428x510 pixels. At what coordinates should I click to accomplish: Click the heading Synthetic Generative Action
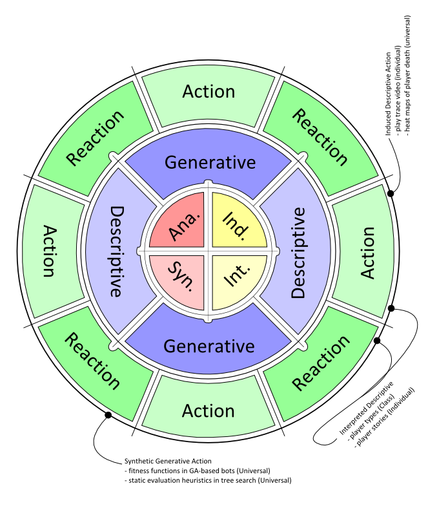coord(168,462)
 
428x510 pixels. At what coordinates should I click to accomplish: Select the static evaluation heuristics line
coord(207,480)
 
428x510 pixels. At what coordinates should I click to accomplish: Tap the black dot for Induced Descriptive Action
coord(390,192)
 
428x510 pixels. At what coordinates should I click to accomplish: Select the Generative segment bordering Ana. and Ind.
coord(209,162)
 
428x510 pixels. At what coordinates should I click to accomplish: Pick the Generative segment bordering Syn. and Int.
coord(209,345)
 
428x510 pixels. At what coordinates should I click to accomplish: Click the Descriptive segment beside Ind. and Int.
coord(298,252)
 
